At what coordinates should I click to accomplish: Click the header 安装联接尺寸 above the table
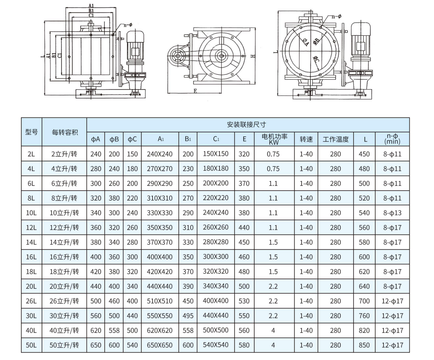point(248,125)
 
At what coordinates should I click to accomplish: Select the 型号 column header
point(31,132)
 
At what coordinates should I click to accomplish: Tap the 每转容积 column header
point(64,132)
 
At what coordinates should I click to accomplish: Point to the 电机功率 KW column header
point(274,139)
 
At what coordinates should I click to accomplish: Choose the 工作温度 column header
point(335,139)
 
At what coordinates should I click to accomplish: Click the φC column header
point(132,139)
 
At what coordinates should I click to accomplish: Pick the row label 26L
point(31,301)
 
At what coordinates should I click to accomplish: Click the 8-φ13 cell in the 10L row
point(392,213)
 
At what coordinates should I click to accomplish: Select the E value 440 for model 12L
point(244,228)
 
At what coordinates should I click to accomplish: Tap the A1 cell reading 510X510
point(160,301)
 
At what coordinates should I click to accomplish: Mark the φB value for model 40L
point(114,330)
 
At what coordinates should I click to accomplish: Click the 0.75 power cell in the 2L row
point(274,154)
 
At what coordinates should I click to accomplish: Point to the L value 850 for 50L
point(364,345)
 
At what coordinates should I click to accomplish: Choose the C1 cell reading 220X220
point(216,198)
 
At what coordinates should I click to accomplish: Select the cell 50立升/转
point(64,345)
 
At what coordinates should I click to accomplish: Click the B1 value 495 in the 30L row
point(188,316)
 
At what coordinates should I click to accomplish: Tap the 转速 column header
point(306,139)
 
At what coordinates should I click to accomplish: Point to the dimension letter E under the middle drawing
point(195,91)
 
